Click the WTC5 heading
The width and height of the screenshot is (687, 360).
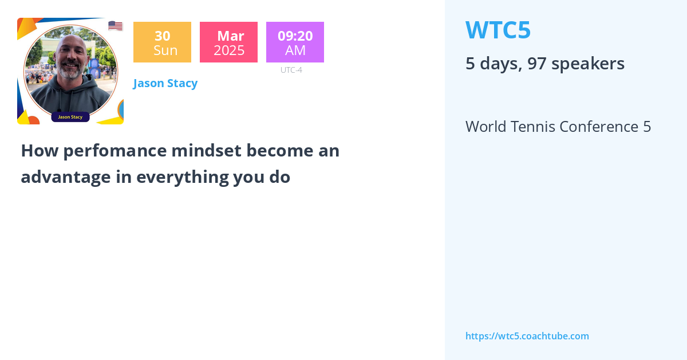[x=498, y=30]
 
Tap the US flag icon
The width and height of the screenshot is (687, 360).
[x=115, y=26]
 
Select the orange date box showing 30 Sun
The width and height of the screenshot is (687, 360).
[x=162, y=42]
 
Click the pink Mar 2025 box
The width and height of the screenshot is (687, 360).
[x=228, y=42]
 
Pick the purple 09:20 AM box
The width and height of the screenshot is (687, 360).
[x=295, y=42]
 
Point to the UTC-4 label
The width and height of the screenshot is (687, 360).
[x=291, y=70]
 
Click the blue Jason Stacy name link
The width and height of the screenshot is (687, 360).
[x=165, y=83]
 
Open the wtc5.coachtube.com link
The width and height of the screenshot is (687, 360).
[x=527, y=336]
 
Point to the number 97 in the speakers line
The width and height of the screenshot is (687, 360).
[x=537, y=64]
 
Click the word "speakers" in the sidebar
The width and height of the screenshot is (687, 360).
[x=589, y=64]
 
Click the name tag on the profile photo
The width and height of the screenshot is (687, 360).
[x=70, y=117]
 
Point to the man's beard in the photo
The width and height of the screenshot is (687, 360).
[x=70, y=73]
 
